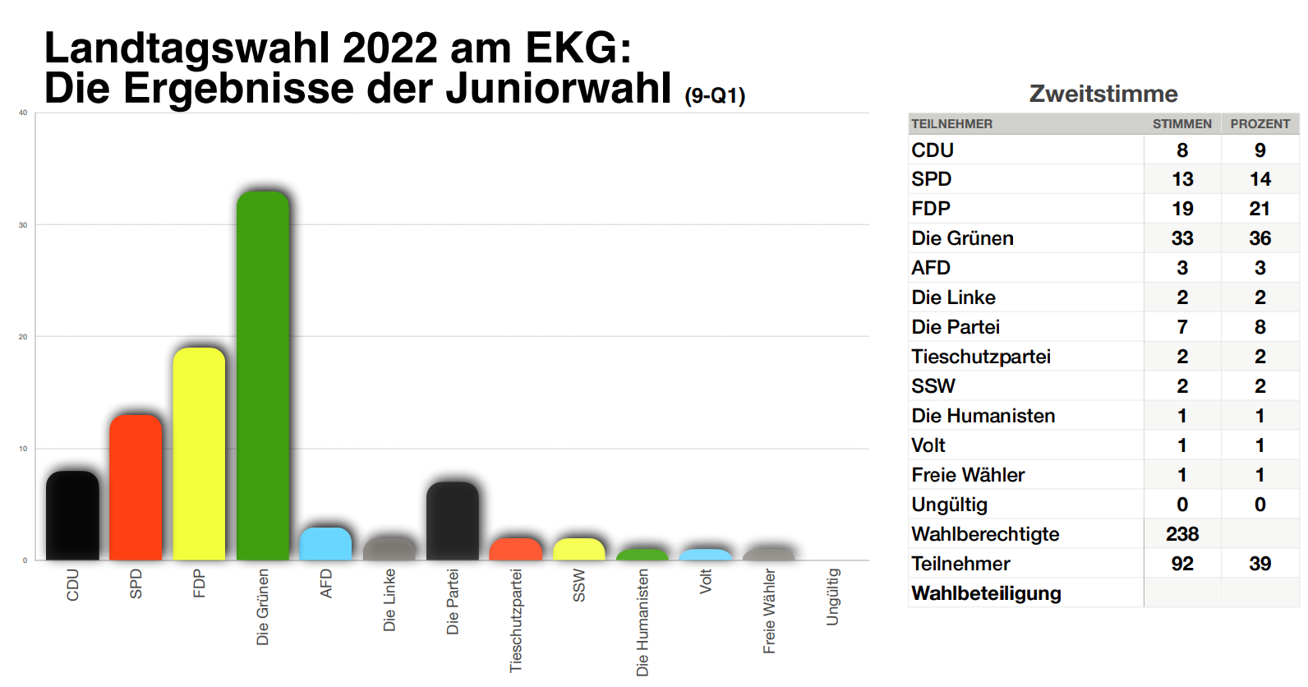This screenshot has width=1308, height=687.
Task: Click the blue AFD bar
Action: pos(325,544)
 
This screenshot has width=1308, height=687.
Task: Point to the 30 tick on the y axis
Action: pos(23,225)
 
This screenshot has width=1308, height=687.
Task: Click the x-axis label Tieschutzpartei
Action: pos(516,620)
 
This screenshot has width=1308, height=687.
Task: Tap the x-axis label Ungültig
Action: pos(833,597)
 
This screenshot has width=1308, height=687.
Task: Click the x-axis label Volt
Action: pos(706,582)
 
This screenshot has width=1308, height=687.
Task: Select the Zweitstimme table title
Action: pos(1103,94)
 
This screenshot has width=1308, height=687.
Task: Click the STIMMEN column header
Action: pos(1181,124)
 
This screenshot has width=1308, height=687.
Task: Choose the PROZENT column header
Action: pos(1260,124)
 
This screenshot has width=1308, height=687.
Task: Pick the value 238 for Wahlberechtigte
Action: pos(1181,534)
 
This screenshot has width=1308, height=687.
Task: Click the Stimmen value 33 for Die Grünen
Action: pos(1181,238)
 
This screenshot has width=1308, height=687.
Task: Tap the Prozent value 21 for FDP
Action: pos(1260,209)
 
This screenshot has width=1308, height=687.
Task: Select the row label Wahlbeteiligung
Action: pos(986,593)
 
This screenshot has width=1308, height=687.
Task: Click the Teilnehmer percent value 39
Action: pos(1260,564)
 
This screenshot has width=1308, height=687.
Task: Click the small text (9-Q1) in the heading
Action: pos(715,96)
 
